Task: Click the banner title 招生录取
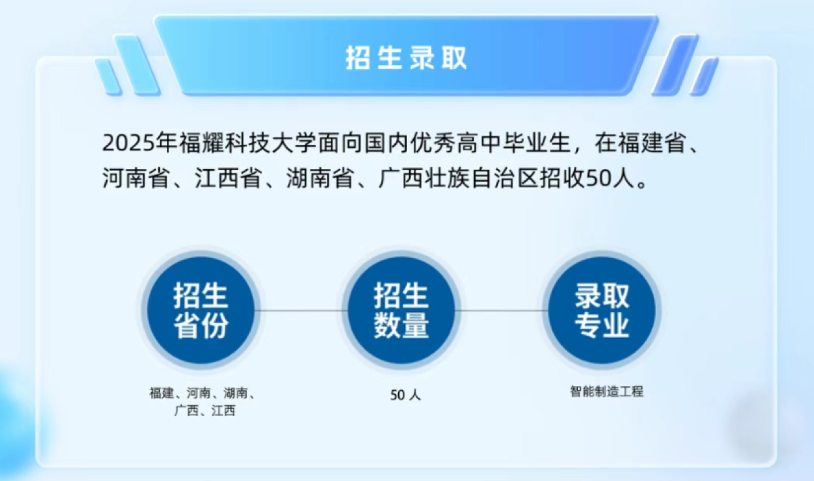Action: point(406,58)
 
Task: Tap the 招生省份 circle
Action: point(201,311)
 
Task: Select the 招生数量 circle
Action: point(402,311)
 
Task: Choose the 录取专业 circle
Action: point(602,311)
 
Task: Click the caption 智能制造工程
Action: point(606,391)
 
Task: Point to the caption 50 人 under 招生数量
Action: point(406,396)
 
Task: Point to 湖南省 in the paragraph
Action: point(320,178)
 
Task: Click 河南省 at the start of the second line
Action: point(136,178)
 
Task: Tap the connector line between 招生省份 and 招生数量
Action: point(301,311)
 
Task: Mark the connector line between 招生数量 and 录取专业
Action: point(502,311)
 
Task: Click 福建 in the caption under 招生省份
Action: point(161,393)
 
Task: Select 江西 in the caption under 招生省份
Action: point(224,410)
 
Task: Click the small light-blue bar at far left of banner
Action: point(108,77)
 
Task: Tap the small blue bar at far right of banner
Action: point(704,77)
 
